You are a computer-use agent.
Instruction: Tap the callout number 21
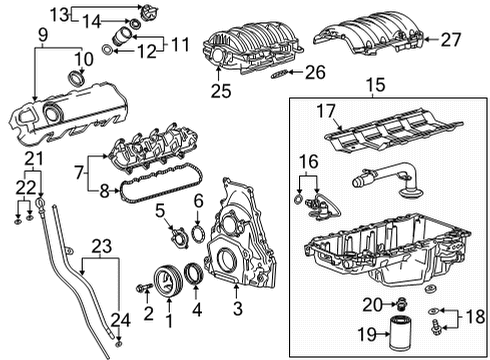[x=33, y=161]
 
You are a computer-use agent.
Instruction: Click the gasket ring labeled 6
[x=198, y=235]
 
